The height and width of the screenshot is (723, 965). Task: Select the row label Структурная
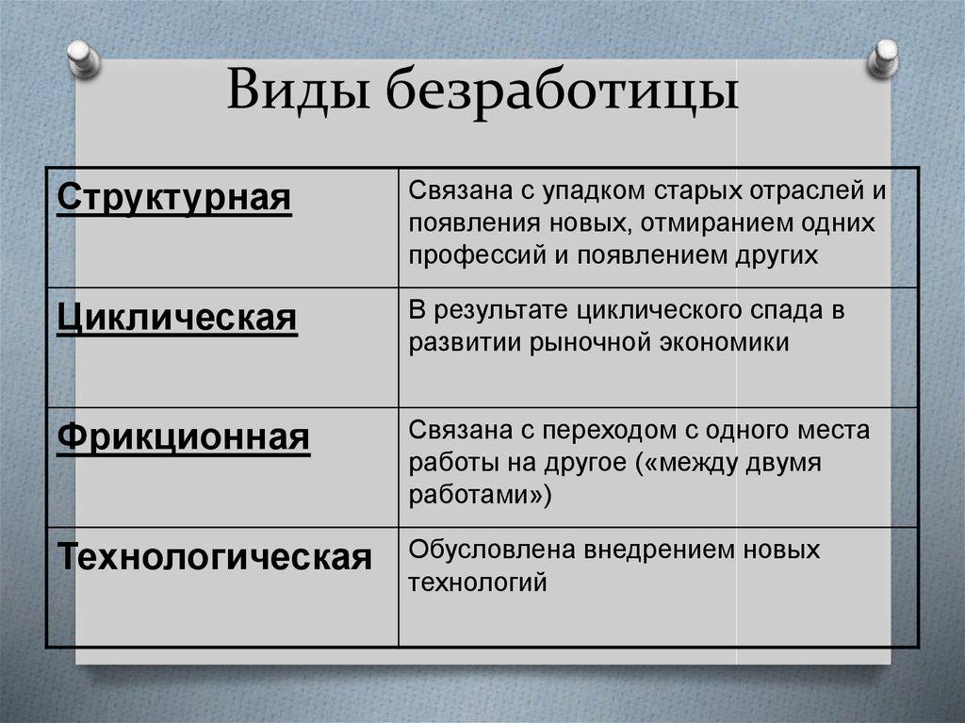(174, 201)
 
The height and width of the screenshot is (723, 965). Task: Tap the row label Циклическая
(177, 320)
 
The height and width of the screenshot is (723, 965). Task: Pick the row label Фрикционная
(183, 438)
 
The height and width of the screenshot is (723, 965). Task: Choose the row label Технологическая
(215, 557)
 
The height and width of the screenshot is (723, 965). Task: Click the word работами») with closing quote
(479, 494)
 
